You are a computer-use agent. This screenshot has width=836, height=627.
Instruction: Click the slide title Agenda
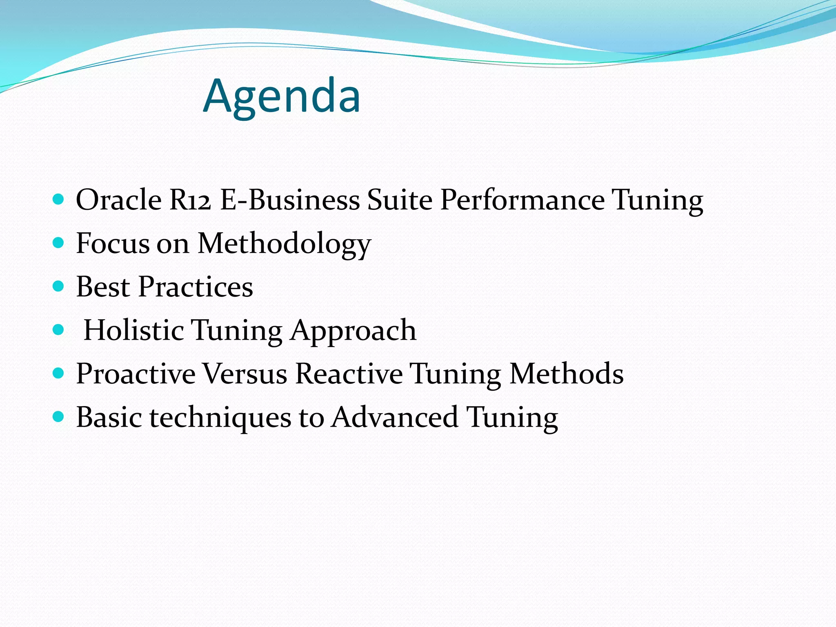click(282, 96)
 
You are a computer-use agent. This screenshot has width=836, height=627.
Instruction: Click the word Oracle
click(119, 200)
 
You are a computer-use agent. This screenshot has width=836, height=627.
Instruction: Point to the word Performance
click(522, 200)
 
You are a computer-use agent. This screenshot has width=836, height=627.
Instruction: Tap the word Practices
click(196, 287)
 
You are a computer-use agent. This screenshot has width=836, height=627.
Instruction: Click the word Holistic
click(133, 330)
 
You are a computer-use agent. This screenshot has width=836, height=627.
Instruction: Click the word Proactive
click(136, 374)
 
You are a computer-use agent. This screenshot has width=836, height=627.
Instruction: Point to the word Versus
click(245, 374)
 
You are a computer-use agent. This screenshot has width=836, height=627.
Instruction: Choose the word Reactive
click(349, 374)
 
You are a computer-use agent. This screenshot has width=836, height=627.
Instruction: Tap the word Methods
click(567, 374)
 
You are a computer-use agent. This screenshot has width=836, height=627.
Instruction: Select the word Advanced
click(394, 417)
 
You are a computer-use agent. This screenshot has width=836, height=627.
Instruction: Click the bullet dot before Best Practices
click(59, 286)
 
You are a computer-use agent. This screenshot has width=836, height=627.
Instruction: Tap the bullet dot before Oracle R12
click(59, 199)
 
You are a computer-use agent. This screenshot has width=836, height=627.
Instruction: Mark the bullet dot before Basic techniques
click(59, 417)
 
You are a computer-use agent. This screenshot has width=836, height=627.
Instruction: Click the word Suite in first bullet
click(400, 200)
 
